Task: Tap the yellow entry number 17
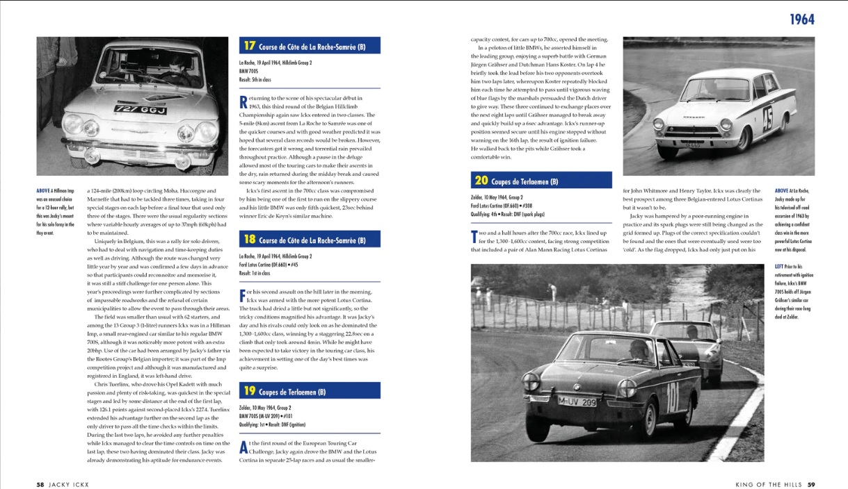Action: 250,46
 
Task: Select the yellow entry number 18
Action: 250,240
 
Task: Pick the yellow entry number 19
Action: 250,391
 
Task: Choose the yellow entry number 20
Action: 481,181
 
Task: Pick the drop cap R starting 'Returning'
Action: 243,102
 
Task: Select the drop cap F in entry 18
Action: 243,295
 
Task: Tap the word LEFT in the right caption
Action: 779,266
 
